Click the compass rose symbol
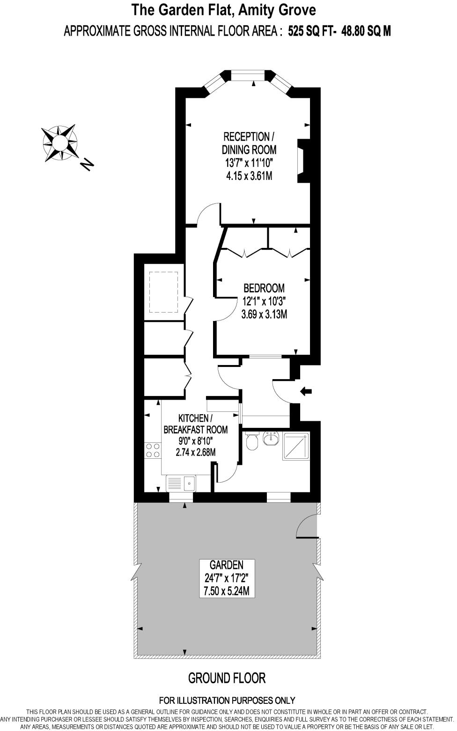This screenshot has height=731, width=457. coord(59,142)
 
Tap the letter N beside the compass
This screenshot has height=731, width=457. coord(87,164)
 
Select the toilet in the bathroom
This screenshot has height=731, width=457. coord(251,440)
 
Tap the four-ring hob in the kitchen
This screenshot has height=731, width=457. coord(152,450)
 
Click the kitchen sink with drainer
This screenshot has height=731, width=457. coord(182,483)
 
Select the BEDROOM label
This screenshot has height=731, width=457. coord(264,288)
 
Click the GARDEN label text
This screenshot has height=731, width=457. coord(227,565)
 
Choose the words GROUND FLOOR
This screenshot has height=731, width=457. coord(227,678)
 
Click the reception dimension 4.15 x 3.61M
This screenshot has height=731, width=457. coord(249,176)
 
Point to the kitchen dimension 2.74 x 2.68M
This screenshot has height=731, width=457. coord(195,453)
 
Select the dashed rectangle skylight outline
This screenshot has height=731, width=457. coord(163,292)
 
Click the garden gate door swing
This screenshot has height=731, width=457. coord(307,526)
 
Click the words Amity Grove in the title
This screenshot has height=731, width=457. coord(278,10)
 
